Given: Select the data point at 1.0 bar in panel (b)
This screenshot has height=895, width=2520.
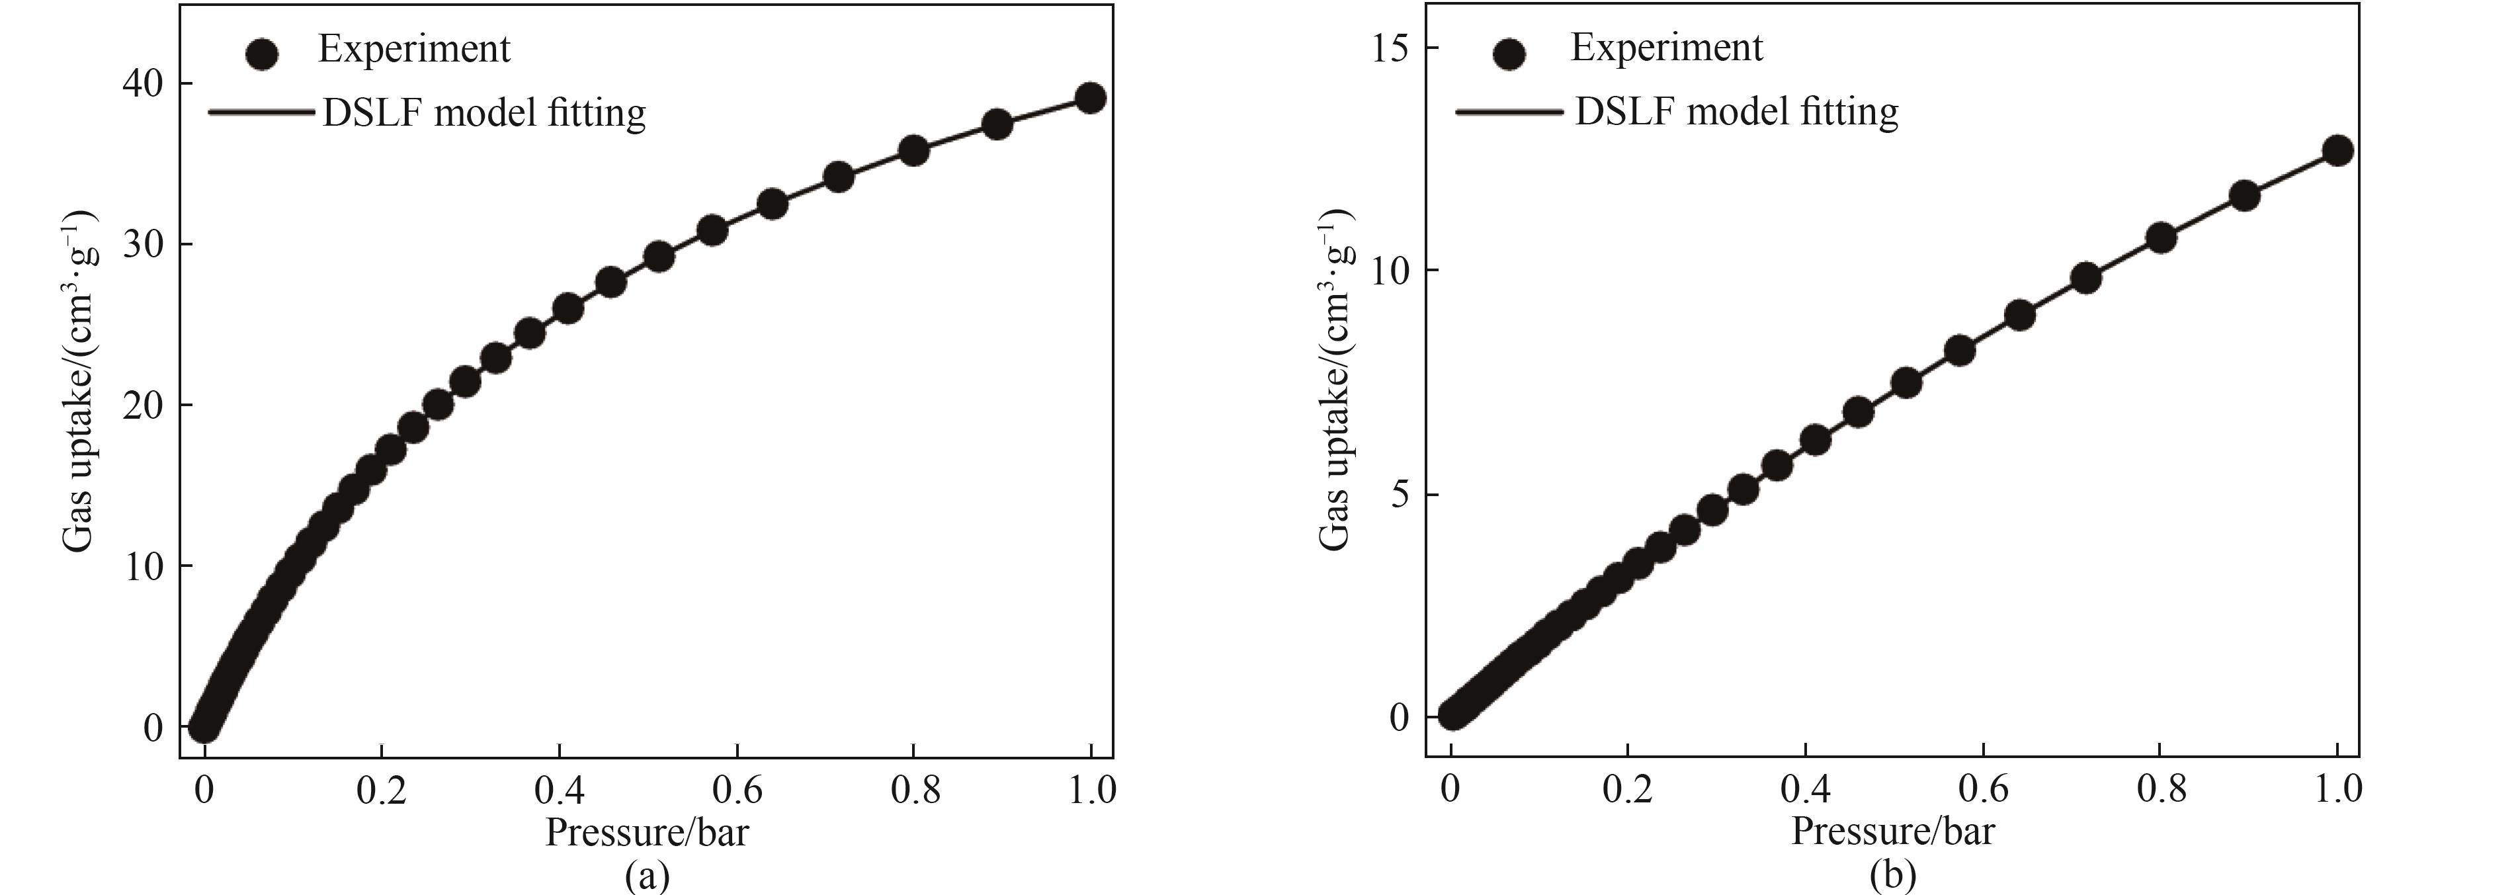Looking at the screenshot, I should point(2337,151).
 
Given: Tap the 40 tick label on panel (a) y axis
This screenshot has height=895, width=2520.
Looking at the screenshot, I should point(143,84).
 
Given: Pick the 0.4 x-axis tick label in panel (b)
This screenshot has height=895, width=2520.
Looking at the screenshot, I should point(1806,788).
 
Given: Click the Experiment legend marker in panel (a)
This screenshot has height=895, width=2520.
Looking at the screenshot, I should point(262,53).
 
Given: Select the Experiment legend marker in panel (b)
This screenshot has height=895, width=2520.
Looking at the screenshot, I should point(1511,54).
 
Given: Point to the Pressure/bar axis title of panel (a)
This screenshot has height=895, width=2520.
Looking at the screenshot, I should point(647,832).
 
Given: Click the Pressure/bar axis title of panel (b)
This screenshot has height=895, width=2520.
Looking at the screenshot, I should point(1893,831).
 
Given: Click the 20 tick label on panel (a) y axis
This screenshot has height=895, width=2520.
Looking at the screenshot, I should point(143,405).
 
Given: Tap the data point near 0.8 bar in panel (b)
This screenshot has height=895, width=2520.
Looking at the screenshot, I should point(2161,237).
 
